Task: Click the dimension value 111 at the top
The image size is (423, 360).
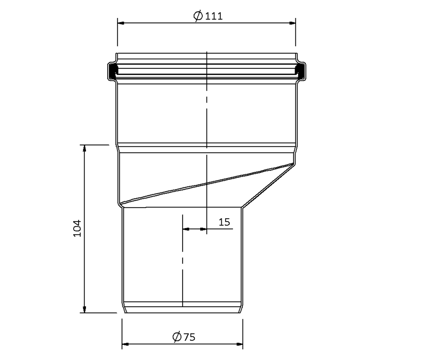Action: point(214,16)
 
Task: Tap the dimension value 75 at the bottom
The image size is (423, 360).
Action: point(190,337)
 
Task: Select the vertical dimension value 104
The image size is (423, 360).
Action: point(77,228)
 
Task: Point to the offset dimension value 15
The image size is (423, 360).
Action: point(225,222)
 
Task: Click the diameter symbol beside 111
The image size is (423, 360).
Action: point(198,16)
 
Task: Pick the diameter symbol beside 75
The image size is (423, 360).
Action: point(177,337)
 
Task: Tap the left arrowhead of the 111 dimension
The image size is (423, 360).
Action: point(121,23)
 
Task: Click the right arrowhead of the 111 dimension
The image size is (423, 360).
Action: point(292,23)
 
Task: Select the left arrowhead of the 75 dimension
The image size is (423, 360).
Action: point(125,344)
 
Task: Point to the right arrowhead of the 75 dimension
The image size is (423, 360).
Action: point(239,344)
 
